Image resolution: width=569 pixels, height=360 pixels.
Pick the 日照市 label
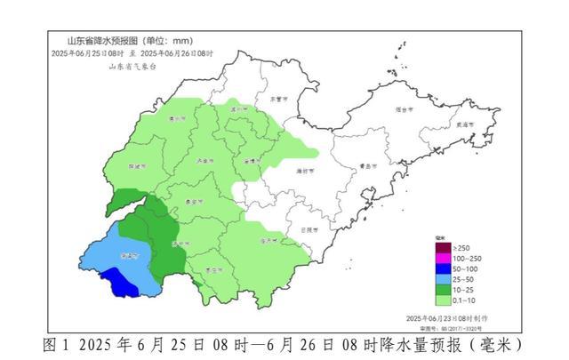pos(311,229)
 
